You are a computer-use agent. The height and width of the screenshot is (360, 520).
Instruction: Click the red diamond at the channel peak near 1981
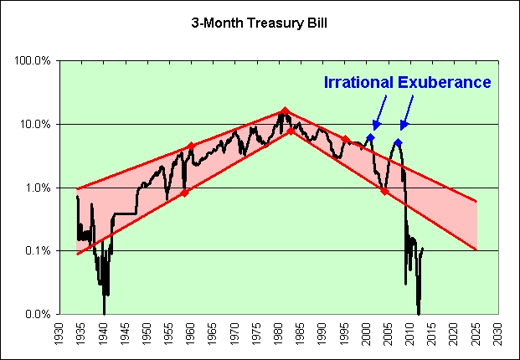[285, 111]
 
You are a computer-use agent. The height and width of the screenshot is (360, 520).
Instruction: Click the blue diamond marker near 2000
[370, 137]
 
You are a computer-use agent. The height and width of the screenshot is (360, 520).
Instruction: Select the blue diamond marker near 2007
[399, 143]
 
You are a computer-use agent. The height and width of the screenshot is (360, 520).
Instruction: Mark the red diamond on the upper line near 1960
[191, 147]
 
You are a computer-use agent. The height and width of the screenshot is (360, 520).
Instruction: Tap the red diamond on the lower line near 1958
[184, 193]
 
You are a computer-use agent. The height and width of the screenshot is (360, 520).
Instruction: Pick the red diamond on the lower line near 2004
[384, 191]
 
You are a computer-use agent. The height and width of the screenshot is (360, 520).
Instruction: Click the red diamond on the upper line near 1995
[345, 139]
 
